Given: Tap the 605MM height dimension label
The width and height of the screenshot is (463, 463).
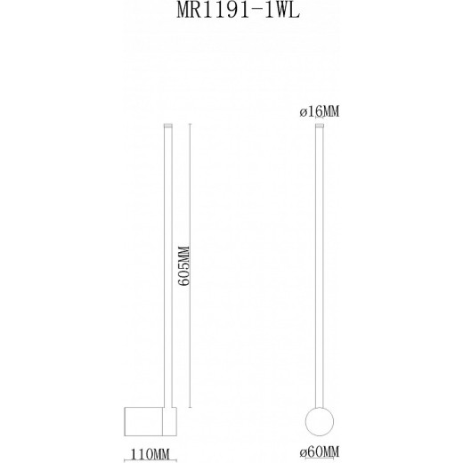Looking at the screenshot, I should tap(183, 265).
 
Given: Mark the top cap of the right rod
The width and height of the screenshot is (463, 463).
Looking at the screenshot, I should tap(319, 129).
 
